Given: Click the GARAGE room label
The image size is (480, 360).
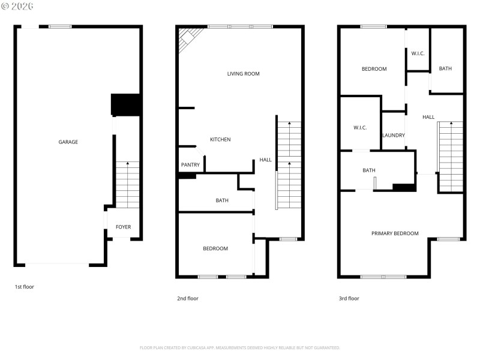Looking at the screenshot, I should pos(68,142).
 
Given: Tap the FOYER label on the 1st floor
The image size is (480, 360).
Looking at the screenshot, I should pos(123,227).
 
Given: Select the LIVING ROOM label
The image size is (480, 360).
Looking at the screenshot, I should pos(243,74).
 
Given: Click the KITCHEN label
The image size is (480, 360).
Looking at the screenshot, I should pos(220,139).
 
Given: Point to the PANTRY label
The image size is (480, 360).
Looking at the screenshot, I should pos(190,165).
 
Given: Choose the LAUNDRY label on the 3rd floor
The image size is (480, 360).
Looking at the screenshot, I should pos(394,135).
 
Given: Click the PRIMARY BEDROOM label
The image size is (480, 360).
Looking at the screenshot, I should pos(395,233).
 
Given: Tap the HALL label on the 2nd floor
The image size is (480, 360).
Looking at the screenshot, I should pos(265,160).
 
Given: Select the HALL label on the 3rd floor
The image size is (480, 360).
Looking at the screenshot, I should pos(428,117).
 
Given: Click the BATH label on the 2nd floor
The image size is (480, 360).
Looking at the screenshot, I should pos(222,200).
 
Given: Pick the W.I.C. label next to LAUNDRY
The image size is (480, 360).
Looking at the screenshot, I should pos(360,127).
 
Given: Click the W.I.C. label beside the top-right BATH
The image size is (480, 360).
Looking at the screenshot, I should pos(418,53).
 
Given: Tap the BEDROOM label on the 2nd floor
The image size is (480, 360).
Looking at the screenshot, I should pos(215,248).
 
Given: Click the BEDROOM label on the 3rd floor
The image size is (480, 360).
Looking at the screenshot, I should pos(374,69).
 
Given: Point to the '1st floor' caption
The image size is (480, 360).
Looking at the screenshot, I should pos(25,287).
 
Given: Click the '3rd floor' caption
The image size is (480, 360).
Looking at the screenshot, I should pos(349,298).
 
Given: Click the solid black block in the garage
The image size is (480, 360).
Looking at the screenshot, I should pos(126,105).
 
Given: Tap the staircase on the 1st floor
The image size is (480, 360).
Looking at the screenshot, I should pos(127,185).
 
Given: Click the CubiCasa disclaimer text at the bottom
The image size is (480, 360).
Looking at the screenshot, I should pos(240,347).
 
